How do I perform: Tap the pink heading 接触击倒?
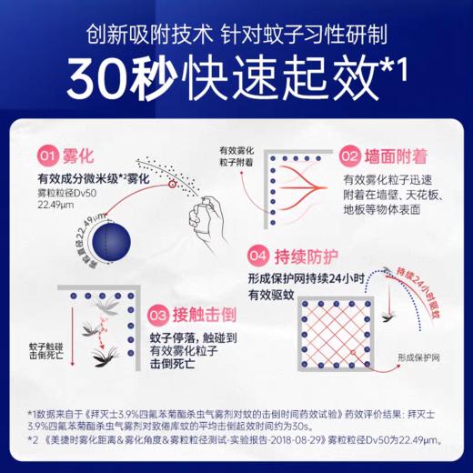point(206,315)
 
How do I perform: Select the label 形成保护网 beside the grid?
point(409,357)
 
